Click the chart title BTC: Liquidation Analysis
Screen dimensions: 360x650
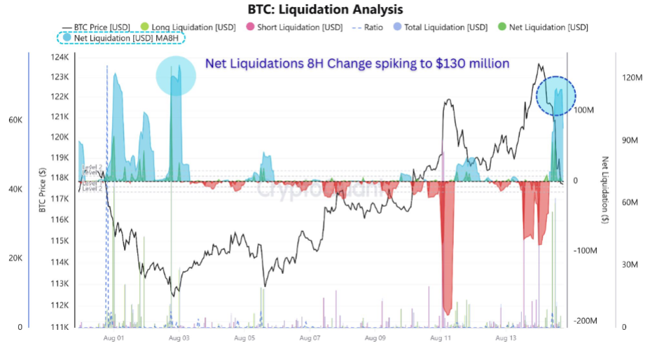(x=325, y=10)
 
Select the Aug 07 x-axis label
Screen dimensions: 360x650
(x=310, y=338)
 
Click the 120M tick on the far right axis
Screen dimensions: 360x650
(x=632, y=78)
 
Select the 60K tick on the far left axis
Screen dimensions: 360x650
(x=15, y=120)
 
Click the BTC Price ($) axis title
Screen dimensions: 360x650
(x=43, y=191)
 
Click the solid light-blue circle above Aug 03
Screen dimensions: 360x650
(x=176, y=76)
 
